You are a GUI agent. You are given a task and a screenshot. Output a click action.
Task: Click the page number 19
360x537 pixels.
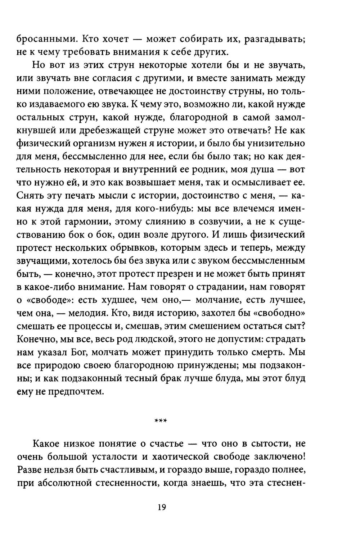[x=161, y=507]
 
